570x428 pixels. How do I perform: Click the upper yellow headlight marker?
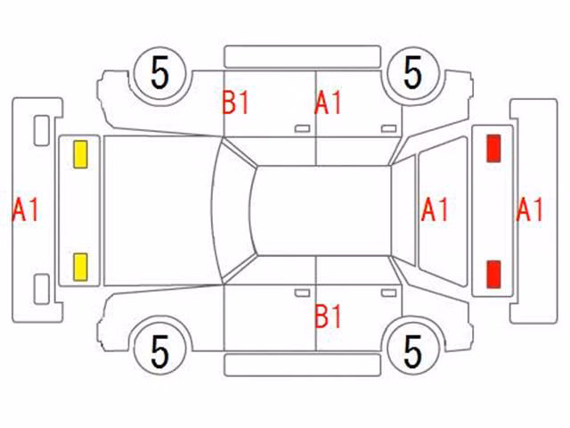[x=80, y=154]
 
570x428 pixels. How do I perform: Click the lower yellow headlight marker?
[x=80, y=267]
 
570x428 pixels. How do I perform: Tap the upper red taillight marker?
[x=493, y=148]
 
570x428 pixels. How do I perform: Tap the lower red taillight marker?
[x=493, y=275]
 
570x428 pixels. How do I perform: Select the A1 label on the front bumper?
[x=25, y=210]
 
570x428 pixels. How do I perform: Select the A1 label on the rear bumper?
[x=530, y=210]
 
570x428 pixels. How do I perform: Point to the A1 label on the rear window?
[x=435, y=210]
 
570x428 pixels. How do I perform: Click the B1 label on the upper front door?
[x=235, y=103]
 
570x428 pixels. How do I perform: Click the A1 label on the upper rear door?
[x=328, y=103]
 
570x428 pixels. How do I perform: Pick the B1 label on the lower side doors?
[x=328, y=317]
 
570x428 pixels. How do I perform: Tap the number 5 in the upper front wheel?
[x=160, y=73]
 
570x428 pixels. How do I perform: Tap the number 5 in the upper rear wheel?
[x=412, y=73]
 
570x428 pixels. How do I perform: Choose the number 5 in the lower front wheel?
[x=160, y=352]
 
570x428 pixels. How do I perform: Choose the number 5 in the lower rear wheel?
[x=412, y=352]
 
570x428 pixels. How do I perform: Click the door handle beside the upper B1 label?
[x=302, y=128]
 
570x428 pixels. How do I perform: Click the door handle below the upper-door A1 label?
[x=388, y=128]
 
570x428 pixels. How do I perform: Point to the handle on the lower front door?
[x=302, y=293]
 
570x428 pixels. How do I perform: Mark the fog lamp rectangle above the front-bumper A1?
[x=42, y=131]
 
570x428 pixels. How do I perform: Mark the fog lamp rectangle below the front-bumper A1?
[x=42, y=289]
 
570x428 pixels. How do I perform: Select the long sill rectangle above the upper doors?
[x=303, y=57]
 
